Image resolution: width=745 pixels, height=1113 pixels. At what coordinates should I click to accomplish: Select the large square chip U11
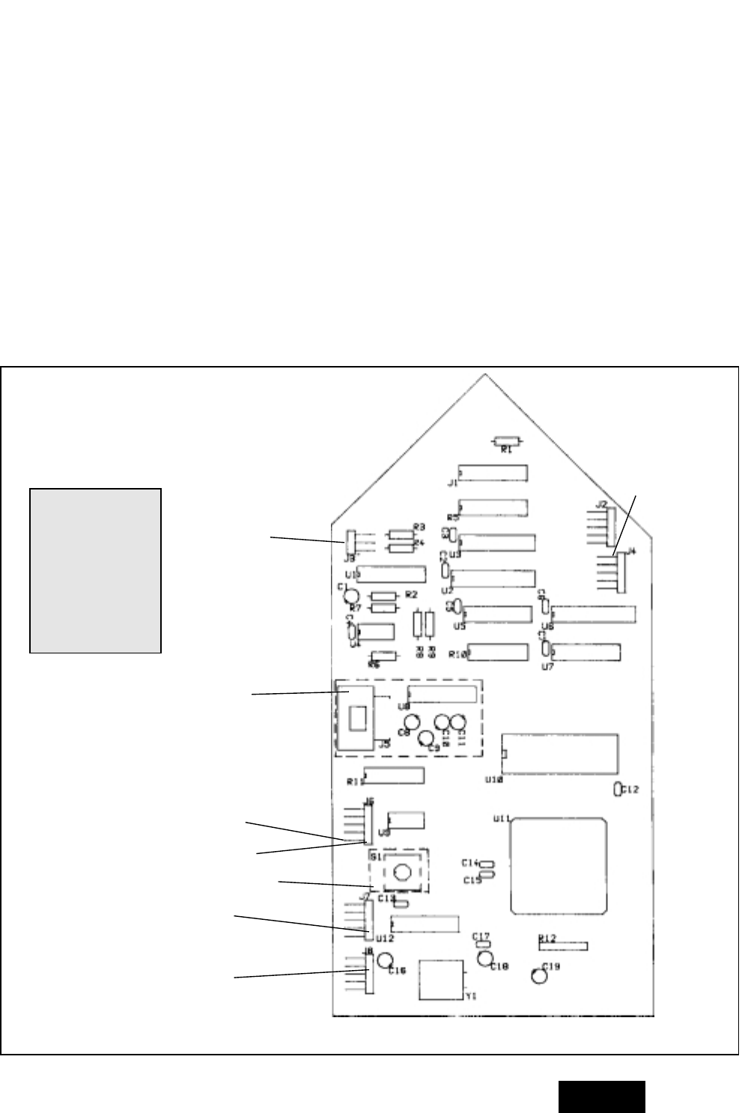[557, 866]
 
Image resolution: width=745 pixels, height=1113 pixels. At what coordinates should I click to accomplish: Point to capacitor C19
[538, 977]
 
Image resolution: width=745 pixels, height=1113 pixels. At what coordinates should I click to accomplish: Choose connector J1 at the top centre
[493, 472]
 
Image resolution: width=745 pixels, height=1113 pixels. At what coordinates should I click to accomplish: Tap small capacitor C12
[617, 789]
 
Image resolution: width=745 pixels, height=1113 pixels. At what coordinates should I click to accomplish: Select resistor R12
[563, 946]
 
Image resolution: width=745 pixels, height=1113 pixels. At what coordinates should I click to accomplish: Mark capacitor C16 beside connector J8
[386, 960]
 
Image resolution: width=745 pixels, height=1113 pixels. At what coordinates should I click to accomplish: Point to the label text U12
[385, 937]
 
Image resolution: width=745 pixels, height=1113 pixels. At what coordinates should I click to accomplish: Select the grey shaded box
[95, 570]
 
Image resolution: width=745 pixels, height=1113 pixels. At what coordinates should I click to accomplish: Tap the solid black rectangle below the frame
[601, 1097]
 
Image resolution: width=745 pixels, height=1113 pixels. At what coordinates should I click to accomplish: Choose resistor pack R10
[497, 651]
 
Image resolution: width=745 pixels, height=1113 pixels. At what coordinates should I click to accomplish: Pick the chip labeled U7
[586, 652]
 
